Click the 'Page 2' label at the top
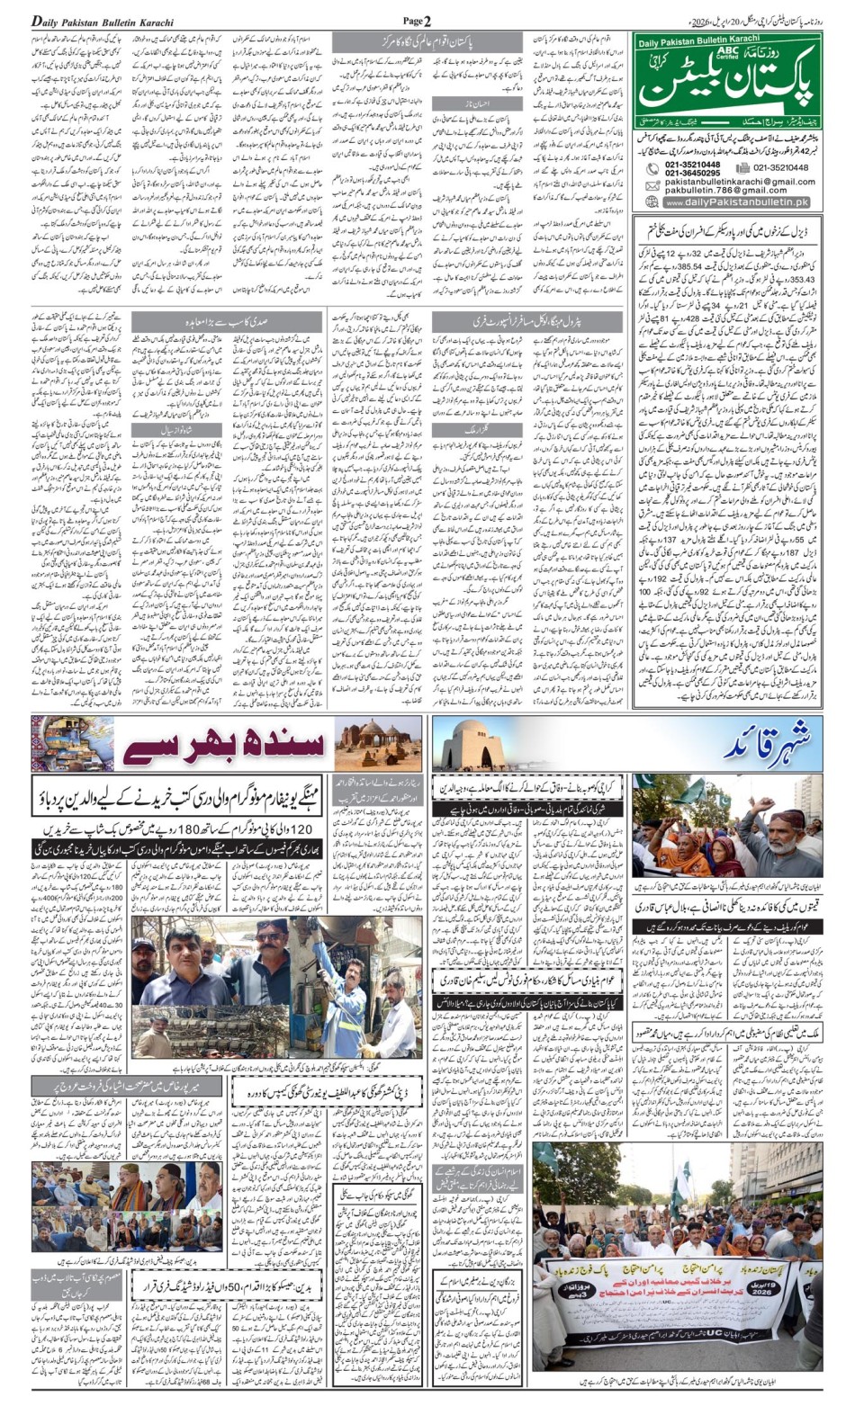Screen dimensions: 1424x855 click(417, 21)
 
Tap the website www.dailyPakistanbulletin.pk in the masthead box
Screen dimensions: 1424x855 click(738, 202)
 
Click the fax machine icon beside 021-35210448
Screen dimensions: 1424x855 click(742, 167)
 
